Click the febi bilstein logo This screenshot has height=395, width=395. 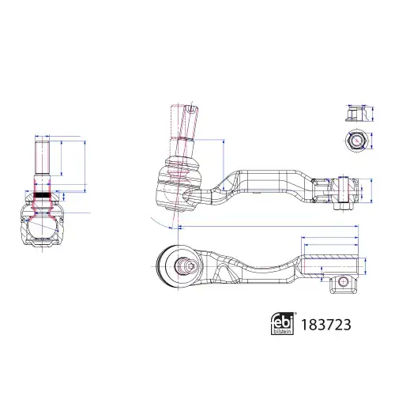[x=283, y=324]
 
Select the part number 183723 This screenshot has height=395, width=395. [x=325, y=325]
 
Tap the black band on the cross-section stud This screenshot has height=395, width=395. [x=42, y=195]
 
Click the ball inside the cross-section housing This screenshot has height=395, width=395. [x=42, y=227]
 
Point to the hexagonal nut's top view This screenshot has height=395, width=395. [x=356, y=141]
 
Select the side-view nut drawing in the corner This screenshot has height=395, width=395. [x=356, y=113]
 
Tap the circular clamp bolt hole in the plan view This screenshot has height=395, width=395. [x=343, y=282]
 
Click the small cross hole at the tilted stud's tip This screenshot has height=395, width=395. [x=190, y=108]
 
